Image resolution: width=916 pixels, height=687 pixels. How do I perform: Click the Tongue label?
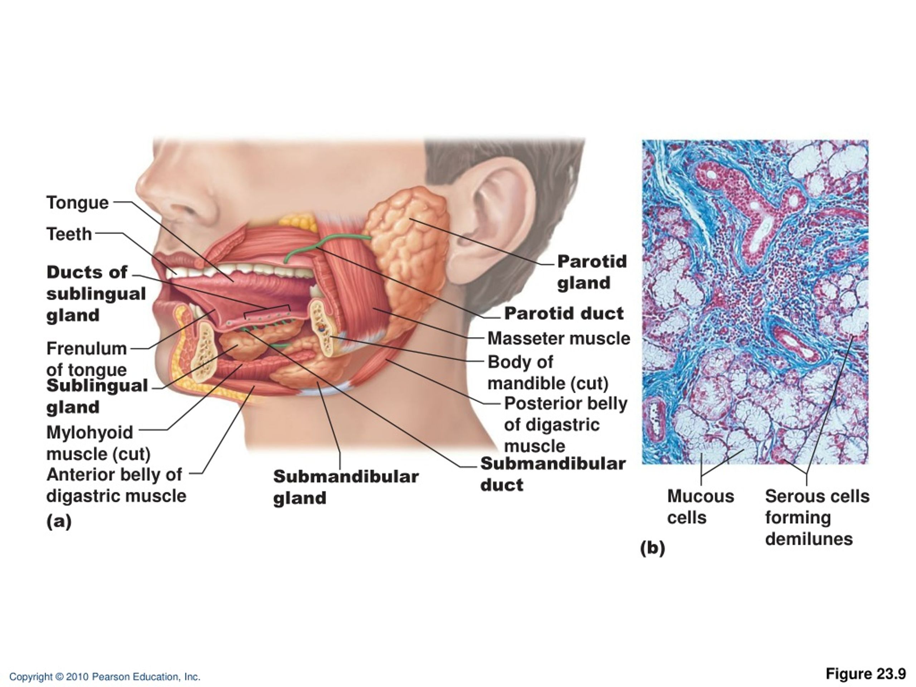click(77, 203)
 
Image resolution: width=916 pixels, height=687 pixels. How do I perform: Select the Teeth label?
click(69, 234)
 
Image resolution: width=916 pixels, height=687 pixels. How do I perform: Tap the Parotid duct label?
click(564, 313)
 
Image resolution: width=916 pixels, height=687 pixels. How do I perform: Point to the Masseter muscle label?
click(559, 338)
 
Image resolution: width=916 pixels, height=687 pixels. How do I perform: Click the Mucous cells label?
click(701, 506)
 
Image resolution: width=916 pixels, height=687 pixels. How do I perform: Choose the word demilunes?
click(809, 539)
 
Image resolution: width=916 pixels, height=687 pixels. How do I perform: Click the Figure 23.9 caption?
click(866, 674)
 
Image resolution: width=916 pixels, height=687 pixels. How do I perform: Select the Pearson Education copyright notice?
click(105, 677)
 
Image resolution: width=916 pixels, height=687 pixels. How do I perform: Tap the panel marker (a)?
click(59, 521)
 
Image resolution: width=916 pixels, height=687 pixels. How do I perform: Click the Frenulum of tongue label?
click(87, 359)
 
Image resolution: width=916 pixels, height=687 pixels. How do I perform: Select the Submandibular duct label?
click(553, 474)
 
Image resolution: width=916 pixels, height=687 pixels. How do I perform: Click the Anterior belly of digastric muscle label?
click(116, 485)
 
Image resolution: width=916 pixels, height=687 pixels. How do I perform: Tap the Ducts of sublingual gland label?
click(96, 294)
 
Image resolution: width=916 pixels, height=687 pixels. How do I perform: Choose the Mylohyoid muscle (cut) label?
click(98, 443)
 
